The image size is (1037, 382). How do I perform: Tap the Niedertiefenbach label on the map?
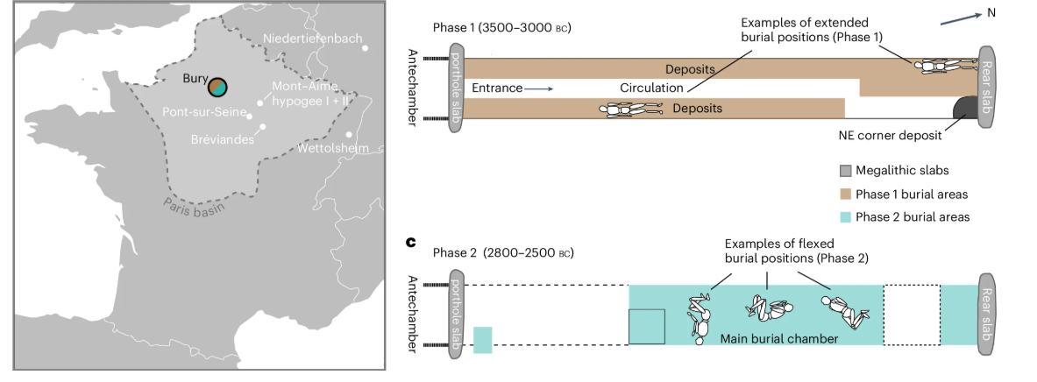coord(312,39)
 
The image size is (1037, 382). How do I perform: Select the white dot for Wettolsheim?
coord(350,134)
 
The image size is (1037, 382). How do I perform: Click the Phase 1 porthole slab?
coord(458,88)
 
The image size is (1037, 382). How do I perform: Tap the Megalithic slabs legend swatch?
coord(846,172)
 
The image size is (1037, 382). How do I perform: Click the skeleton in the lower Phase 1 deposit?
coord(630,109)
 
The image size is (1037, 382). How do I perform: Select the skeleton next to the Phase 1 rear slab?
coord(944,67)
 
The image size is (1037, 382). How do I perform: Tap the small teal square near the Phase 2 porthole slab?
coord(483,340)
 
